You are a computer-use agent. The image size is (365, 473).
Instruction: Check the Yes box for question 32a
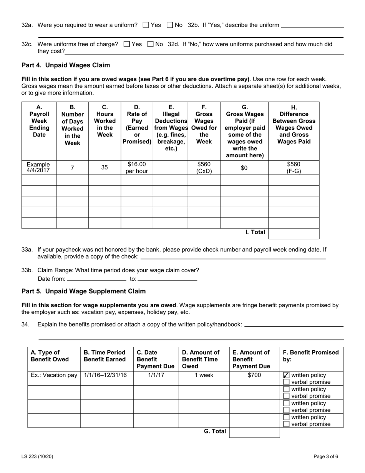[x=146, y=25]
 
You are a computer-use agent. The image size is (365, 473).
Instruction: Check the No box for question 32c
[x=151, y=44]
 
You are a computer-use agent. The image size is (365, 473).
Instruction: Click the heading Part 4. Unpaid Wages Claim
[x=66, y=65]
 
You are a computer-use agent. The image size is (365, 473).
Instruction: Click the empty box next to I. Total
[x=294, y=233]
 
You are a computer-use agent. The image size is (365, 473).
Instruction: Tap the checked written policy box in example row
[x=286, y=375]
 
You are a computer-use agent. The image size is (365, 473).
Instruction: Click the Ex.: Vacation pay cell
[x=54, y=375]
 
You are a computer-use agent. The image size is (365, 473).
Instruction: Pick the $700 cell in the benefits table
[x=254, y=375]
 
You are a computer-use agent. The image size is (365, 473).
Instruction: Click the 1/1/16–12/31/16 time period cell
[x=106, y=375]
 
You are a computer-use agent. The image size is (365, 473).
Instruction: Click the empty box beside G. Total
[x=254, y=432]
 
